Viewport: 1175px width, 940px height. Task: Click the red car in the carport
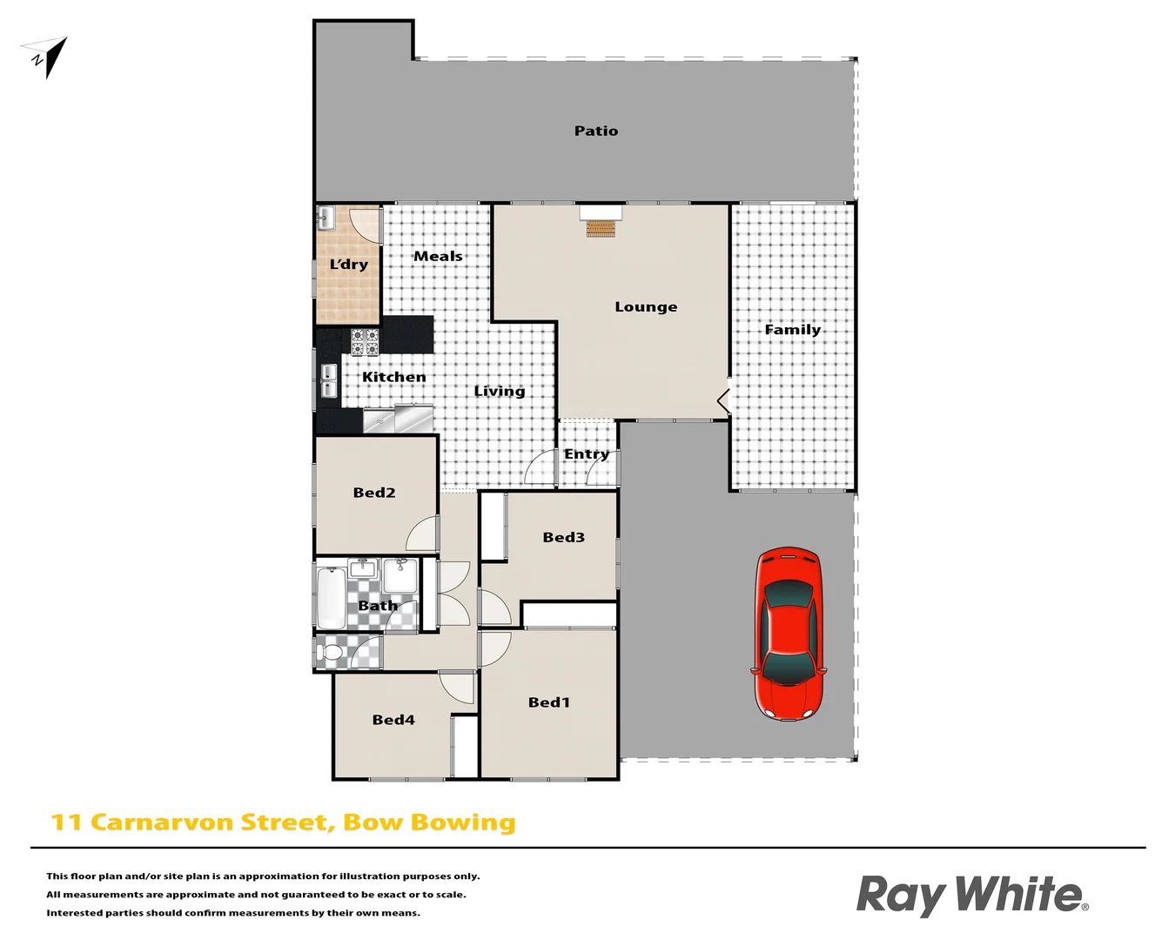click(789, 634)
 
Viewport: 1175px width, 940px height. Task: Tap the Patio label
click(596, 131)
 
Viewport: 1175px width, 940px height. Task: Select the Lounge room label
click(646, 307)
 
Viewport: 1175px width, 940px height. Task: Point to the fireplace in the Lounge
click(601, 228)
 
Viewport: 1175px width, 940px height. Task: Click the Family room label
click(792, 330)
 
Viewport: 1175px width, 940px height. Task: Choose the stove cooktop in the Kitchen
click(365, 342)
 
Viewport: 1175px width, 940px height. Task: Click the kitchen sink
click(329, 381)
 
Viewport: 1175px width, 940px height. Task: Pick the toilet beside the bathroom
click(332, 651)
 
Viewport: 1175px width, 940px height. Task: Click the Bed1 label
click(549, 702)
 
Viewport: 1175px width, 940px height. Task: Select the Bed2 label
click(374, 493)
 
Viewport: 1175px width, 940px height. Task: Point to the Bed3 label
click(563, 538)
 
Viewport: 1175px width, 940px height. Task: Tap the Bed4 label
click(393, 720)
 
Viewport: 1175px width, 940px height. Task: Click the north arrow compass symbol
click(49, 57)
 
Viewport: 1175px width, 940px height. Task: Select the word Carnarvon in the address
click(162, 822)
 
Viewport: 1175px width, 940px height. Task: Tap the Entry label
click(586, 454)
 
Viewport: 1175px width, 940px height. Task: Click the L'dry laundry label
click(348, 265)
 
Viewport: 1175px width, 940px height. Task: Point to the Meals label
click(438, 257)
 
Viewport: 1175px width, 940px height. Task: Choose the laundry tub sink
click(326, 218)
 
